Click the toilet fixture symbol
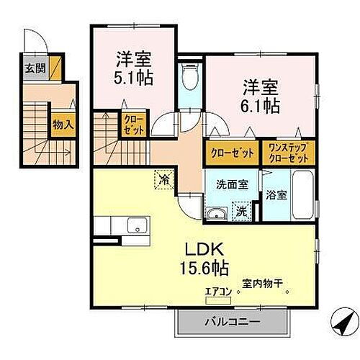point(189,76)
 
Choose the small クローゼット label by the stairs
point(134,125)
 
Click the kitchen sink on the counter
point(135,227)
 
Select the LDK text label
point(202,251)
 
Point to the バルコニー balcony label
point(231,322)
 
